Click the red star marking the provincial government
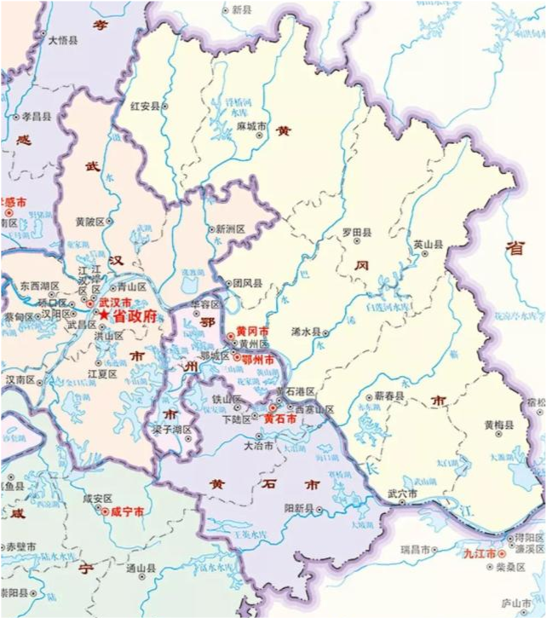pos(105,315)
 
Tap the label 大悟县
pos(63,40)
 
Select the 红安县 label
pos(145,106)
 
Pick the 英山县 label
pos(428,244)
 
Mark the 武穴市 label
pos(402,494)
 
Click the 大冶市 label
pos(258,445)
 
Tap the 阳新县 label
pos(298,507)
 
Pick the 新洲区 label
pos(230,229)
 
